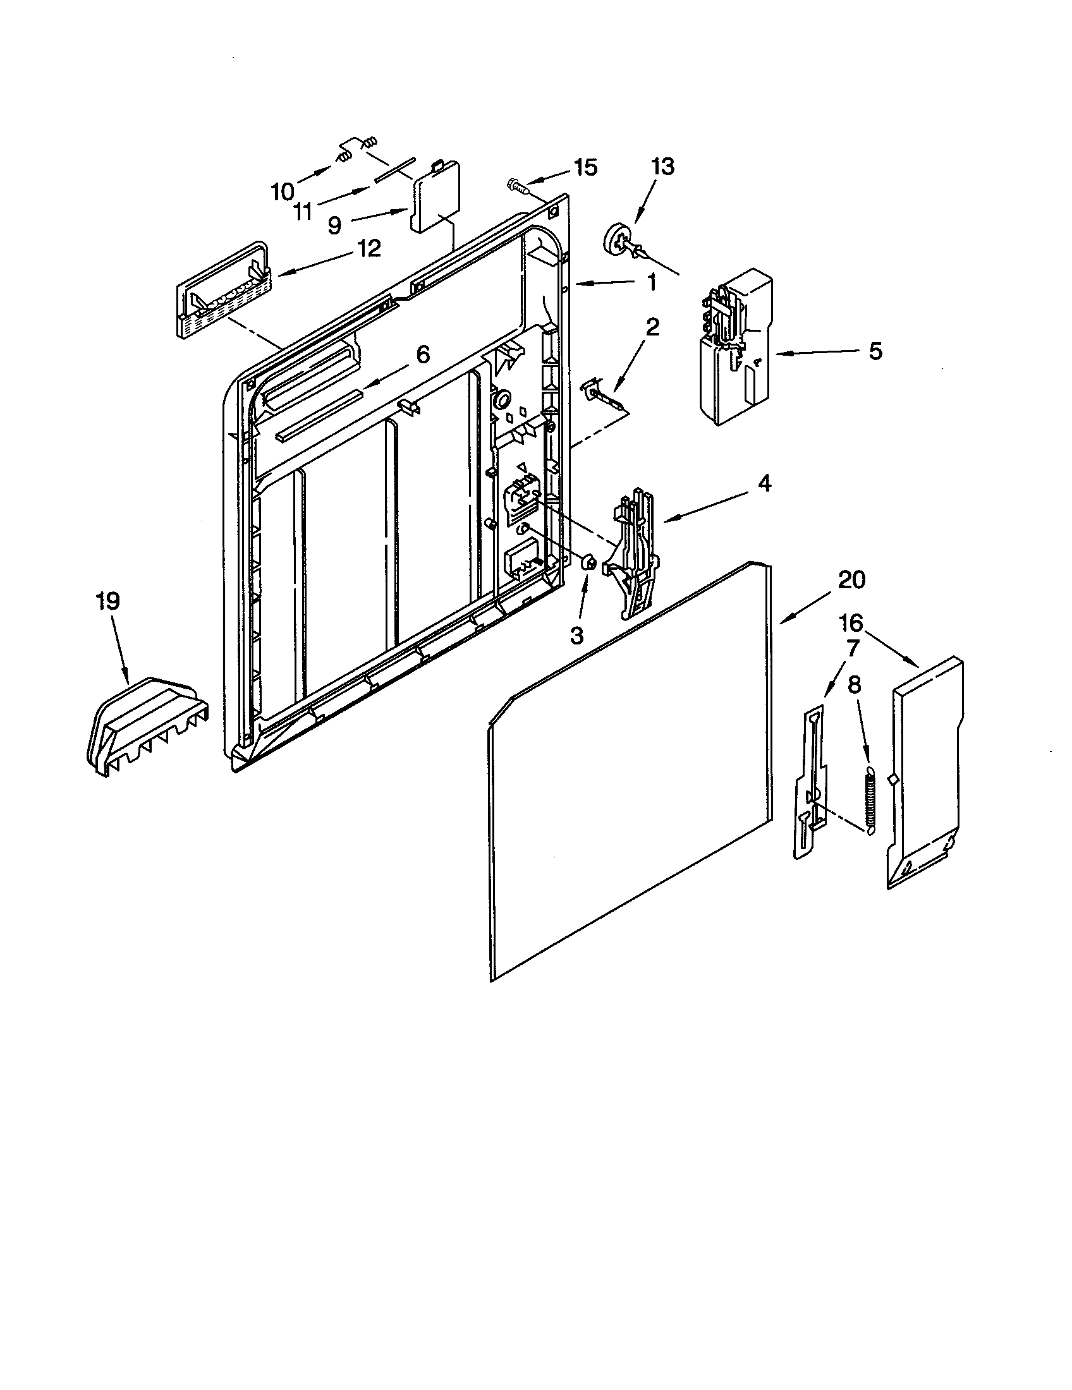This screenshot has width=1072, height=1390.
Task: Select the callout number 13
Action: tap(662, 167)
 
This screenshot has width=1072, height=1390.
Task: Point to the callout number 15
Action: tap(585, 167)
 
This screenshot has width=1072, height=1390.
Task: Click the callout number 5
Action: tap(875, 350)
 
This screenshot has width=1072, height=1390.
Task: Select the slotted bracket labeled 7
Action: tap(812, 783)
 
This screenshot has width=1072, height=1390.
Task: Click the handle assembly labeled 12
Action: tap(222, 293)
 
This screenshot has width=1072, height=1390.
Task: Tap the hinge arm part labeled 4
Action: tap(633, 553)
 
